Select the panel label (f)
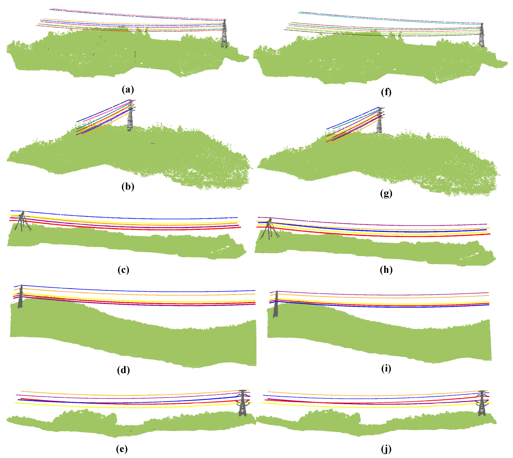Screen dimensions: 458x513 coord(386,92)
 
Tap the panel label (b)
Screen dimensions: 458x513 coord(128,186)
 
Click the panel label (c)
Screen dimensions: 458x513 coord(123,270)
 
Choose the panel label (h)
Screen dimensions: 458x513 coord(386,270)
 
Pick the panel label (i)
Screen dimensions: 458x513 coord(386,368)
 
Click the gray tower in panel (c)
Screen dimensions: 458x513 coord(22,221)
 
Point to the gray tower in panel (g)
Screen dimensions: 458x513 coord(379,125)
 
